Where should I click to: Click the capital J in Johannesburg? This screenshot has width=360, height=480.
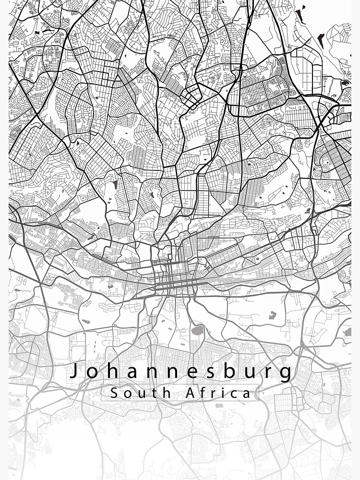coord(74,371)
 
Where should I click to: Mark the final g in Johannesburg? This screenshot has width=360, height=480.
coord(285,374)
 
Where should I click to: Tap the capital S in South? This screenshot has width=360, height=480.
coord(114,393)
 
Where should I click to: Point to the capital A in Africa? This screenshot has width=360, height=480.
coord(190,393)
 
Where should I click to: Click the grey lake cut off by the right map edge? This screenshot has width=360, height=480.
coord(348,332)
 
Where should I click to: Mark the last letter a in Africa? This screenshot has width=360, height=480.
coord(246,394)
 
